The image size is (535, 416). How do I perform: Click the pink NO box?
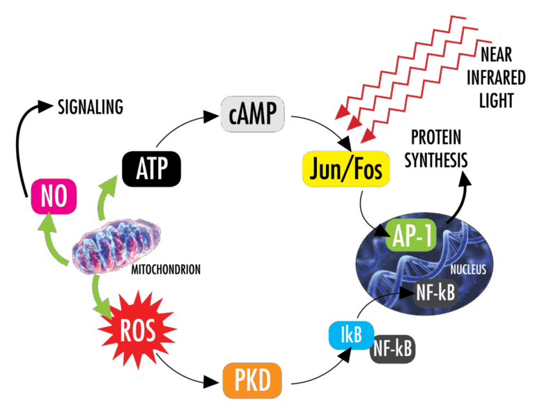tap(52, 197)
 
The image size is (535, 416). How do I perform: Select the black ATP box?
tap(151, 168)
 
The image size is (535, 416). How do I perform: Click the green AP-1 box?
tap(410, 237)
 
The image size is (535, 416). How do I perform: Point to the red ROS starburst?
tap(137, 329)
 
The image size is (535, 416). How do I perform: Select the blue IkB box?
tap(350, 335)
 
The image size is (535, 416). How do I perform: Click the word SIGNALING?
tap(90, 107)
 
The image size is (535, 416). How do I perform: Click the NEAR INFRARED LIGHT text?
tap(497, 75)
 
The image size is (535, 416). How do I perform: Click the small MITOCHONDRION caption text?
tap(167, 268)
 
